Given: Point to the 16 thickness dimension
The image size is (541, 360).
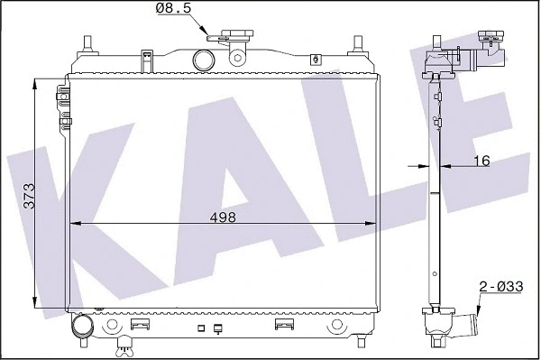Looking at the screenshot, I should [x=481, y=162].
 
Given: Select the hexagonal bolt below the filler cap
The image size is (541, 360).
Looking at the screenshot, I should [x=238, y=59].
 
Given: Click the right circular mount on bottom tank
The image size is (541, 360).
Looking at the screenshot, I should [x=337, y=325].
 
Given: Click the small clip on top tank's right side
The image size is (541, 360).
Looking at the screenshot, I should [x=315, y=60].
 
